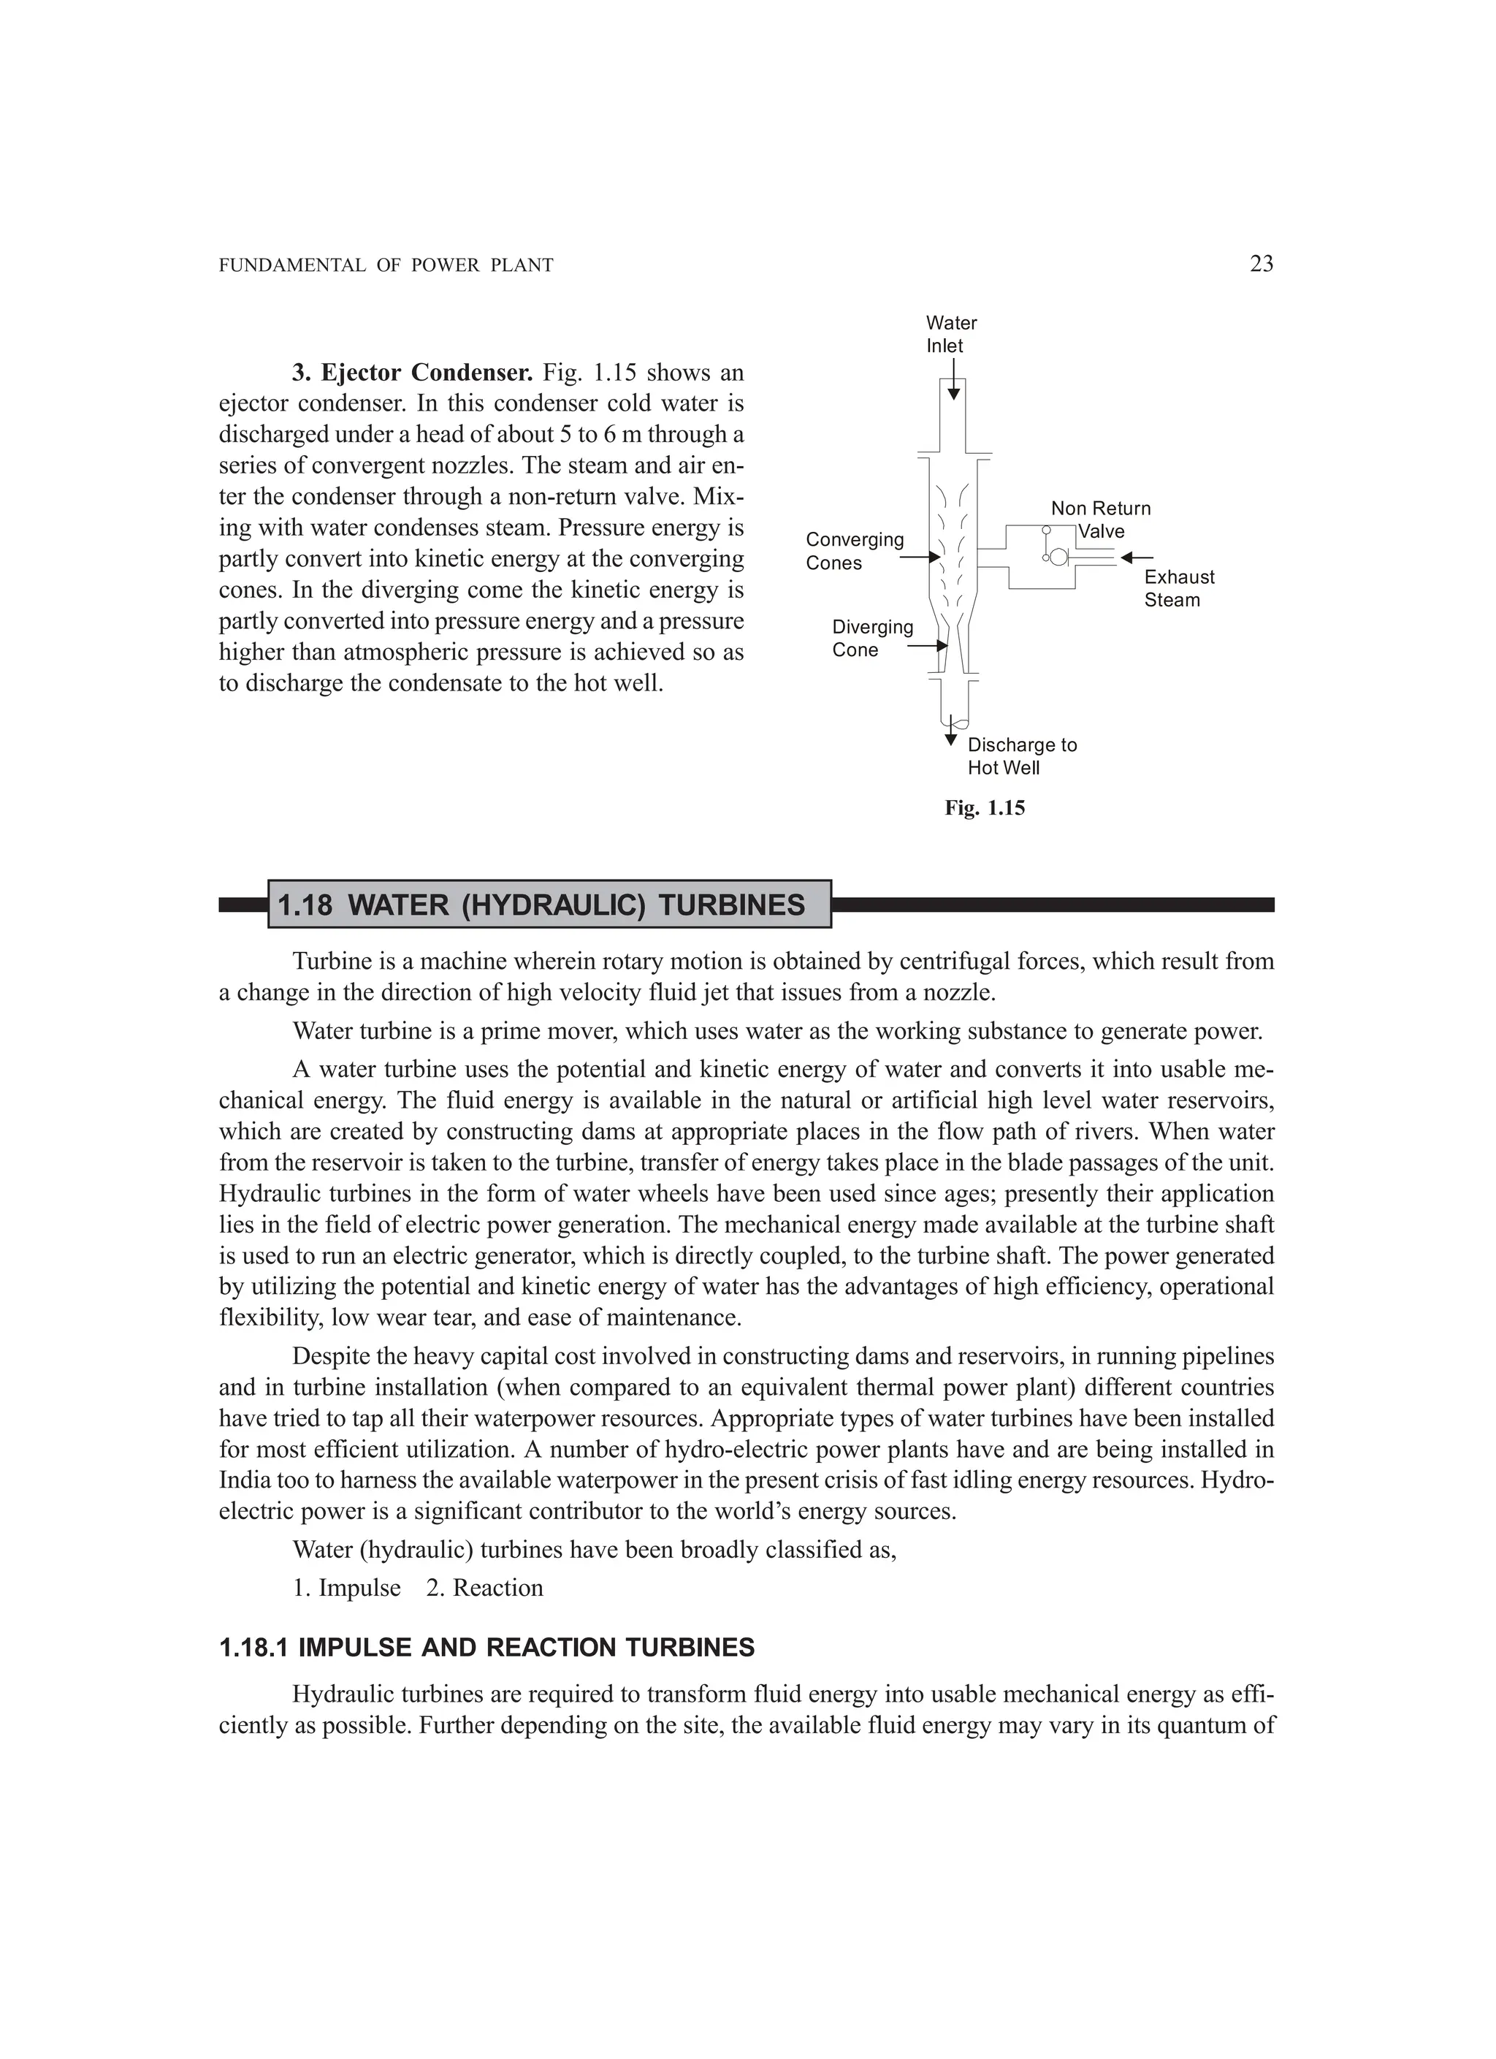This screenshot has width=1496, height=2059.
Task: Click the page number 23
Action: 1261,264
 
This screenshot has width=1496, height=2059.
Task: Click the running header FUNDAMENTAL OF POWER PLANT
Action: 386,266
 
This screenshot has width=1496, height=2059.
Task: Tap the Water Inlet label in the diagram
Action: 950,334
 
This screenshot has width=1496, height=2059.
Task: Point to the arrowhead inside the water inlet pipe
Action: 953,394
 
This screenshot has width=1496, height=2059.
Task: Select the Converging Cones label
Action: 854,551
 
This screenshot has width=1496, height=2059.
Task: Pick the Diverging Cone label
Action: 871,638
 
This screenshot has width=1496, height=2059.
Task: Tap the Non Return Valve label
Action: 1100,519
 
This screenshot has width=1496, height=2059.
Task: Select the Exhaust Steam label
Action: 1178,588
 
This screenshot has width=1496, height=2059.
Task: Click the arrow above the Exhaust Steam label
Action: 1137,557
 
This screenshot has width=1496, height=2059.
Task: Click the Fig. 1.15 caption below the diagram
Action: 984,808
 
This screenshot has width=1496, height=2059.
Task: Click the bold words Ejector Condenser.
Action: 426,372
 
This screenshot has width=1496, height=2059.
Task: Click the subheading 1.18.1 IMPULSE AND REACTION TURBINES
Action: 486,1648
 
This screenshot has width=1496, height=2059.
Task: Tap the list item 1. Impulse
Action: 347,1587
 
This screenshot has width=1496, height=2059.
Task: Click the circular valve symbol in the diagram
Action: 1058,557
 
